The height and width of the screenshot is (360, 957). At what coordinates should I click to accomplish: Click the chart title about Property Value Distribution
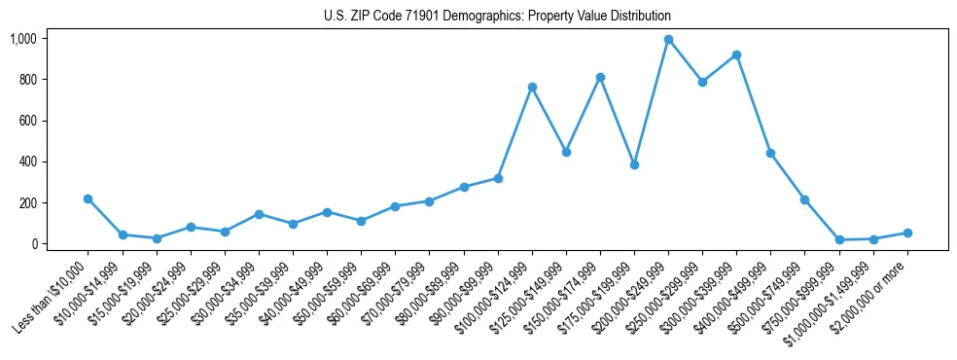497,17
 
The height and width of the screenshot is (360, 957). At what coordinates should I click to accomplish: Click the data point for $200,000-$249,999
668,40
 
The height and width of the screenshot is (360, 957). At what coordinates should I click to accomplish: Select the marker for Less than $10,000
89,198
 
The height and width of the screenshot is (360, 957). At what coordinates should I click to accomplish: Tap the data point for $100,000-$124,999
532,88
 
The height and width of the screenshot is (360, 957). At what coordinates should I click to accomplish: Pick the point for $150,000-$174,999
600,77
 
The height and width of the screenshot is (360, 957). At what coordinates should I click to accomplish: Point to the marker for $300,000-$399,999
736,55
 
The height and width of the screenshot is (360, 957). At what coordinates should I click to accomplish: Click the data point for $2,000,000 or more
907,233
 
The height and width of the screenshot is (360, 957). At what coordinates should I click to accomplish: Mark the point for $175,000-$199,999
634,164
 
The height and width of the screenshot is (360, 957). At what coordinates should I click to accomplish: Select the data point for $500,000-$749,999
804,199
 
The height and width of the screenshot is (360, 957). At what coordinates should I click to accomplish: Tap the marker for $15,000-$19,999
157,238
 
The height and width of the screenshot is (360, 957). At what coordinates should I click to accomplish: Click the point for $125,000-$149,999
566,152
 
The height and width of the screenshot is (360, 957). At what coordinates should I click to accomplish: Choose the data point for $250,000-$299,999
702,82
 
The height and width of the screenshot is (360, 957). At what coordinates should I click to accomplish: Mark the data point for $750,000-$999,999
838,239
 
